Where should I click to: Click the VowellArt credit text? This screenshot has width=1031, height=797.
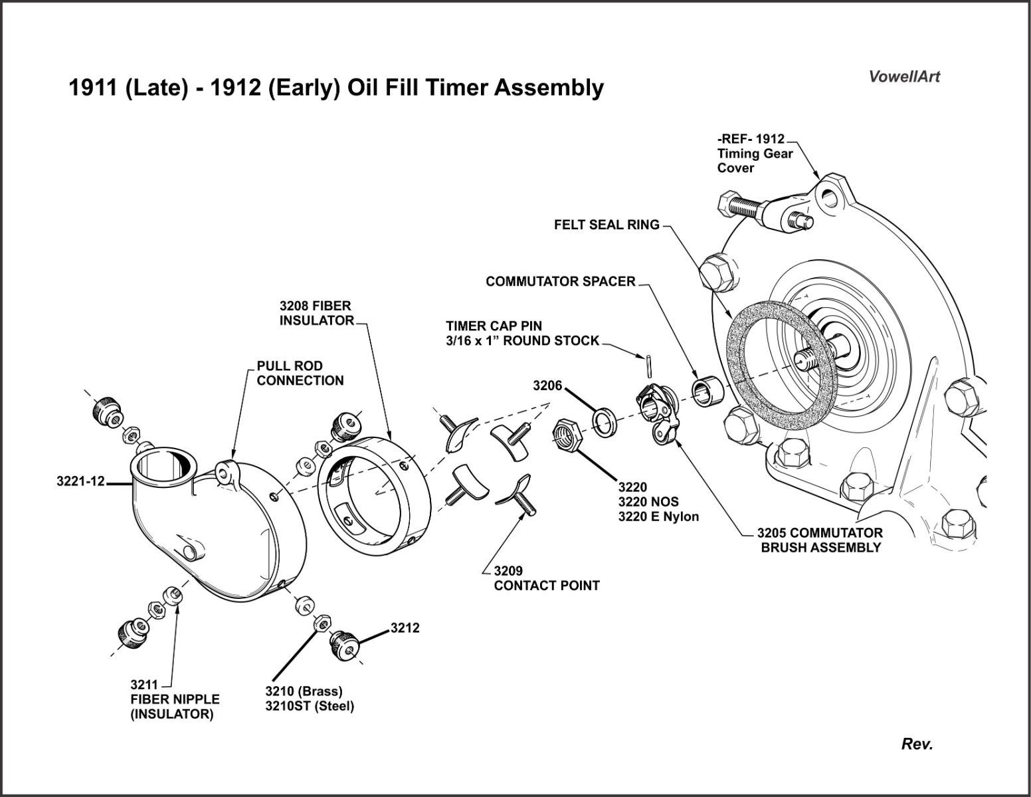coord(904,76)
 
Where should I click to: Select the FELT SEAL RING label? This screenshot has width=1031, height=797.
coord(607,225)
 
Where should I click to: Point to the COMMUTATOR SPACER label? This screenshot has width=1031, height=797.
coord(561,281)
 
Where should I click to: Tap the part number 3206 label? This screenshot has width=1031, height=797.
coord(547,386)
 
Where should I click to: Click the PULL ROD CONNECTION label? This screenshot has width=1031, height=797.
coord(300,373)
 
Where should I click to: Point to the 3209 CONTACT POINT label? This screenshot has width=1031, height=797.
coord(546,578)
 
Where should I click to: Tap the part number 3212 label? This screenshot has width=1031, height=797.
coord(405,627)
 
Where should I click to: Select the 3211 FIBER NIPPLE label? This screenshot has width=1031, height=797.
coord(174,699)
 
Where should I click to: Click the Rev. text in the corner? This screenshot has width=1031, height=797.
coord(917,744)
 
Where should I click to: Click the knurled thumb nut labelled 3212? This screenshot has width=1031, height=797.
coord(343,644)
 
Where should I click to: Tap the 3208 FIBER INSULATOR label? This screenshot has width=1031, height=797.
coord(316,313)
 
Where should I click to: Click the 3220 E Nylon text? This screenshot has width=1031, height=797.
coord(658,516)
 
